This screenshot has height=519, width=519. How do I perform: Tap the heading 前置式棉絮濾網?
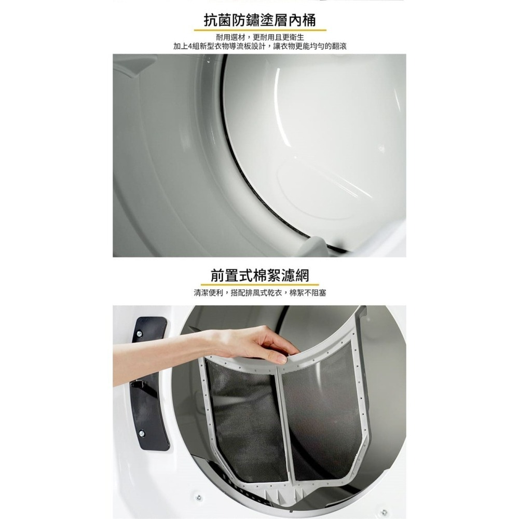(259, 275)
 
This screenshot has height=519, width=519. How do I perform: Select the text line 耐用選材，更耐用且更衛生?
(259, 38)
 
